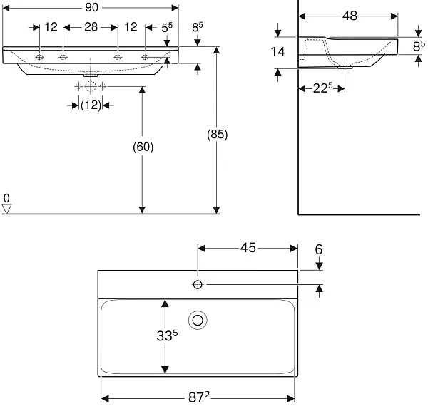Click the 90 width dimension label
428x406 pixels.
(91, 7)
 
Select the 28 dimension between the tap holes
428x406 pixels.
(91, 27)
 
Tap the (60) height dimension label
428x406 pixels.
(143, 147)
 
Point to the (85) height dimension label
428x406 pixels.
(218, 134)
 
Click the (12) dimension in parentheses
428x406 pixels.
(91, 105)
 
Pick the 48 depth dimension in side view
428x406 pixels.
(350, 16)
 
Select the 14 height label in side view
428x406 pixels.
(277, 52)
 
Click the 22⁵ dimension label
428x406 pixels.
(322, 88)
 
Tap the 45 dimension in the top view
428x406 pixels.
(248, 248)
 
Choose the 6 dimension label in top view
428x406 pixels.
(319, 249)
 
